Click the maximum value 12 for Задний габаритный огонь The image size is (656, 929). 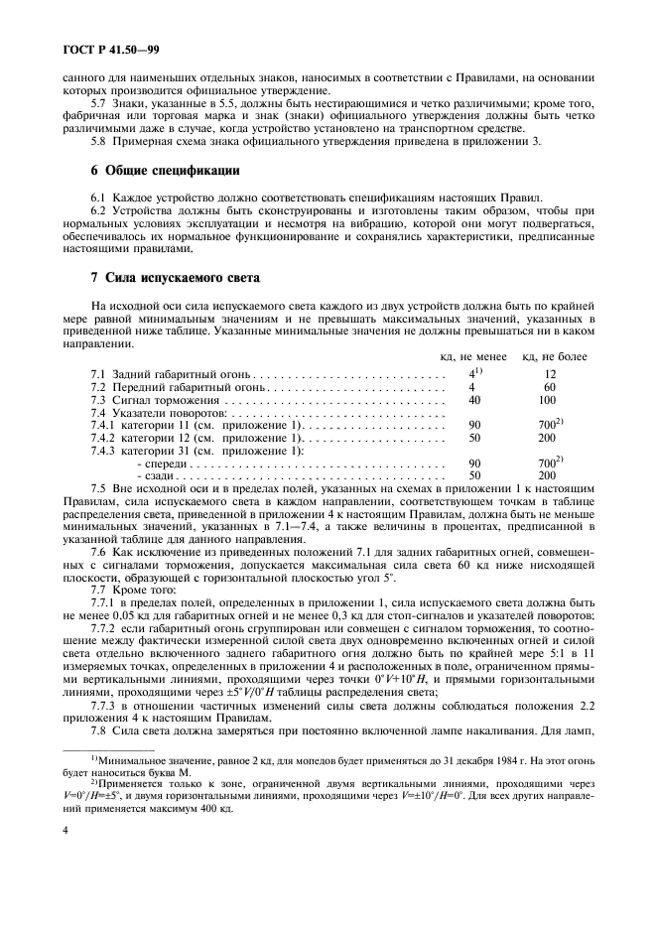point(550,375)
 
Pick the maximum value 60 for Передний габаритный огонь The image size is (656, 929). point(550,387)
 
